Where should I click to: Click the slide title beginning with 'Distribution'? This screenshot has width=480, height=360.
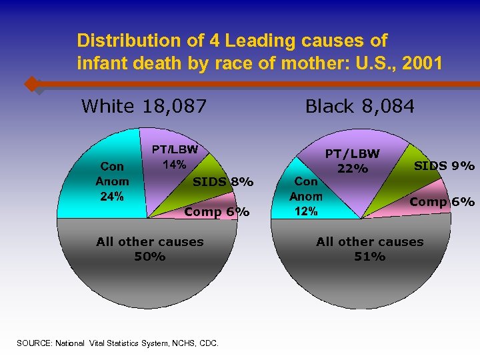click(x=259, y=53)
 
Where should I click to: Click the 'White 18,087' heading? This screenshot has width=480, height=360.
click(x=143, y=106)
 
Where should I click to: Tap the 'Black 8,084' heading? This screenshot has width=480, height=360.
click(x=359, y=106)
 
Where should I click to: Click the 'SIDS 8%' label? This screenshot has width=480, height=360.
click(x=223, y=181)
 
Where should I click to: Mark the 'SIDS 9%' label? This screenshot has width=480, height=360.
click(x=444, y=165)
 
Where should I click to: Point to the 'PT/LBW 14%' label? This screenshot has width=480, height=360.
click(x=174, y=157)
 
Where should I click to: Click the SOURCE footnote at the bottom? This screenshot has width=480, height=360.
click(x=117, y=343)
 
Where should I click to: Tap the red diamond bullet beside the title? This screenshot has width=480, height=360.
click(x=31, y=85)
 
